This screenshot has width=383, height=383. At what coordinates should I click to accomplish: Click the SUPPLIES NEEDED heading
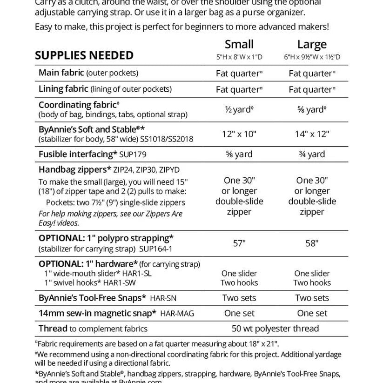tap(84, 55)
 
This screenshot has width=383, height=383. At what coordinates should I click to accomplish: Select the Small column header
tap(239, 44)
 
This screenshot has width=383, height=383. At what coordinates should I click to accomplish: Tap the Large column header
tap(312, 45)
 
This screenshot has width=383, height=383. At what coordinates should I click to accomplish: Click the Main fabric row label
tap(61, 73)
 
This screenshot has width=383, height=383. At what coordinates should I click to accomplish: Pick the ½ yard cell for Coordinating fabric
tap(239, 109)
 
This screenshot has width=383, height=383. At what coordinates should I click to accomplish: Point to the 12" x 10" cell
tap(239, 134)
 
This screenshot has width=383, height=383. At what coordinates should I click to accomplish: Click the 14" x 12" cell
tap(312, 134)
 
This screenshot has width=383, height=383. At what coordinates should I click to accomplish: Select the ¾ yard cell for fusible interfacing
tap(312, 154)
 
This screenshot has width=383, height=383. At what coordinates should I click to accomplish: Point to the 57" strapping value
tap(239, 243)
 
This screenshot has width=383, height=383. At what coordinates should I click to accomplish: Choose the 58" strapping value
tap(312, 243)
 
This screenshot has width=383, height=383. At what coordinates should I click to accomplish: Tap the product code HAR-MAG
tap(177, 314)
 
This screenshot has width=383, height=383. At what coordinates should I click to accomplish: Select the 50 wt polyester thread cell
tap(275, 329)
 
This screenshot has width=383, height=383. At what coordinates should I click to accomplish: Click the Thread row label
tap(53, 329)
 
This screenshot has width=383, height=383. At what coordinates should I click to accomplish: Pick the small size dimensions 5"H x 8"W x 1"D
tap(239, 57)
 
